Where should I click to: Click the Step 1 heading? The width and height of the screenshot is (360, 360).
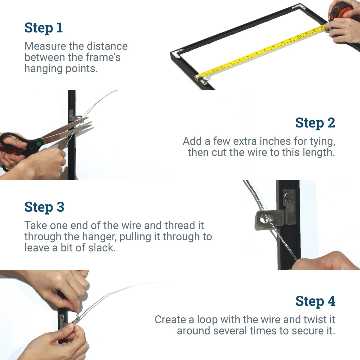[x=43, y=28]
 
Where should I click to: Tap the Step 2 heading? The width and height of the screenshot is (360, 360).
[x=315, y=123]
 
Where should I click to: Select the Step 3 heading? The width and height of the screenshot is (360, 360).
[x=44, y=207]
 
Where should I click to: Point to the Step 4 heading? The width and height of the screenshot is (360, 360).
[x=315, y=301]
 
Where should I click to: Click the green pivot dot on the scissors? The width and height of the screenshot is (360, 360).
[x=39, y=143]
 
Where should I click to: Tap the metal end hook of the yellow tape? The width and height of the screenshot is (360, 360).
[x=198, y=77]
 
